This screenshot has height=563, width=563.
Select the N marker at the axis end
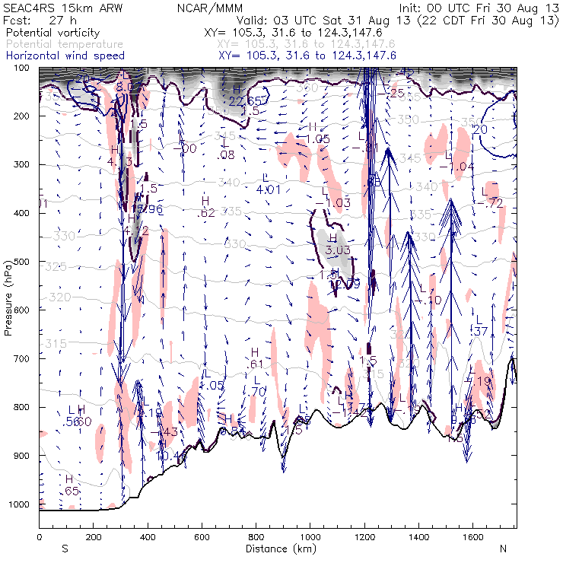502,549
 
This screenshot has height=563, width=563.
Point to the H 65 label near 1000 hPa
70,485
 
